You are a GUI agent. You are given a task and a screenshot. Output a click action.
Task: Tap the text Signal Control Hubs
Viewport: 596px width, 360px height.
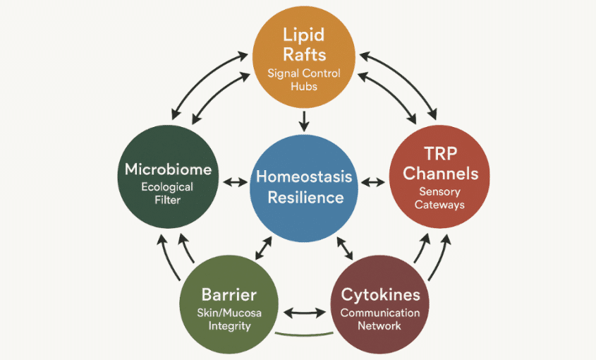coord(304,79)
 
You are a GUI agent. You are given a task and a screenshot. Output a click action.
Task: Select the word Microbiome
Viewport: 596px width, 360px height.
coord(167,169)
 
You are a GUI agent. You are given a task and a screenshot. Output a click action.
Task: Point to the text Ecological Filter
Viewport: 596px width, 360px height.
coord(167,194)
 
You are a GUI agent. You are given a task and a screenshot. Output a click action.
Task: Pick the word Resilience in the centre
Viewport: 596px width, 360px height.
coord(304,197)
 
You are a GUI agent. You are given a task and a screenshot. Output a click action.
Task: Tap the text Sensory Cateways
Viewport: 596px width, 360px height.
coord(439,198)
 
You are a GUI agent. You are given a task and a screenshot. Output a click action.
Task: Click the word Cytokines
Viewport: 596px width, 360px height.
coord(380,294)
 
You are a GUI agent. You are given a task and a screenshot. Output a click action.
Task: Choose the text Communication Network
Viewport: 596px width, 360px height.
coord(380,319)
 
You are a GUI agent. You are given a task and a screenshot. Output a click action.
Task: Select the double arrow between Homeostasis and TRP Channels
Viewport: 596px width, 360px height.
coord(374,184)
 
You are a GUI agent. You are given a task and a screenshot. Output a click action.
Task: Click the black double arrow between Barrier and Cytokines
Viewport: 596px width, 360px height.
coord(304,311)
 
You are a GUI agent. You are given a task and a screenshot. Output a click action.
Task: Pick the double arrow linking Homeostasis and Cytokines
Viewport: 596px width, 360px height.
coord(346,248)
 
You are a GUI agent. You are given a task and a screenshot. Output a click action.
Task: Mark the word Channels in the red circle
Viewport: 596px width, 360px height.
coord(439,174)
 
